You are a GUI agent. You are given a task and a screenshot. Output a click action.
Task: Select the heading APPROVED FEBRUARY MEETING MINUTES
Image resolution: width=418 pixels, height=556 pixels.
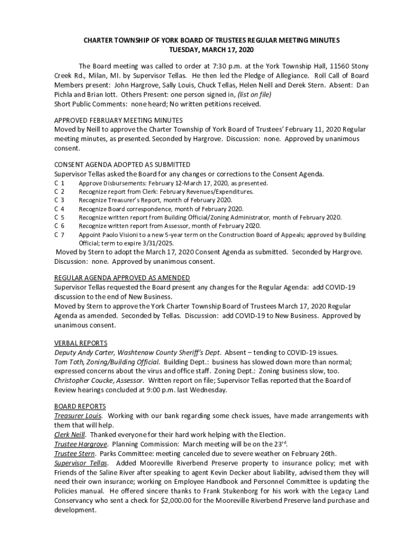click(x=118, y=120)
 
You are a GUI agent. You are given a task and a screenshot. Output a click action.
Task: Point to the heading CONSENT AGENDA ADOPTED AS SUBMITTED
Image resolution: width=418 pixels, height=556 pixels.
click(x=122, y=165)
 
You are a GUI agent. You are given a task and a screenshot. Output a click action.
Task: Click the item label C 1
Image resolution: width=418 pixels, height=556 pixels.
click(x=60, y=183)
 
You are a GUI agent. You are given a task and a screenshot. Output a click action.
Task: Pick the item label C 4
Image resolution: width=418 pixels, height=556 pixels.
click(x=60, y=208)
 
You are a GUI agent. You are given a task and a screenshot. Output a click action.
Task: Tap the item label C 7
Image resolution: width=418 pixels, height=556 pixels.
click(x=60, y=235)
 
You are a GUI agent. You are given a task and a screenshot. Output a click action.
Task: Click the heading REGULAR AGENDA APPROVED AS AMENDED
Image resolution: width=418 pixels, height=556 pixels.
click(x=122, y=277)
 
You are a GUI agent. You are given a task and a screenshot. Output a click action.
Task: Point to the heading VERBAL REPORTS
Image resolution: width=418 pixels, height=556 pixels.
click(x=81, y=343)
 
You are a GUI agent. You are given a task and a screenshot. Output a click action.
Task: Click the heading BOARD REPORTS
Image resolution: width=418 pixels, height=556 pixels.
click(x=80, y=406)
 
